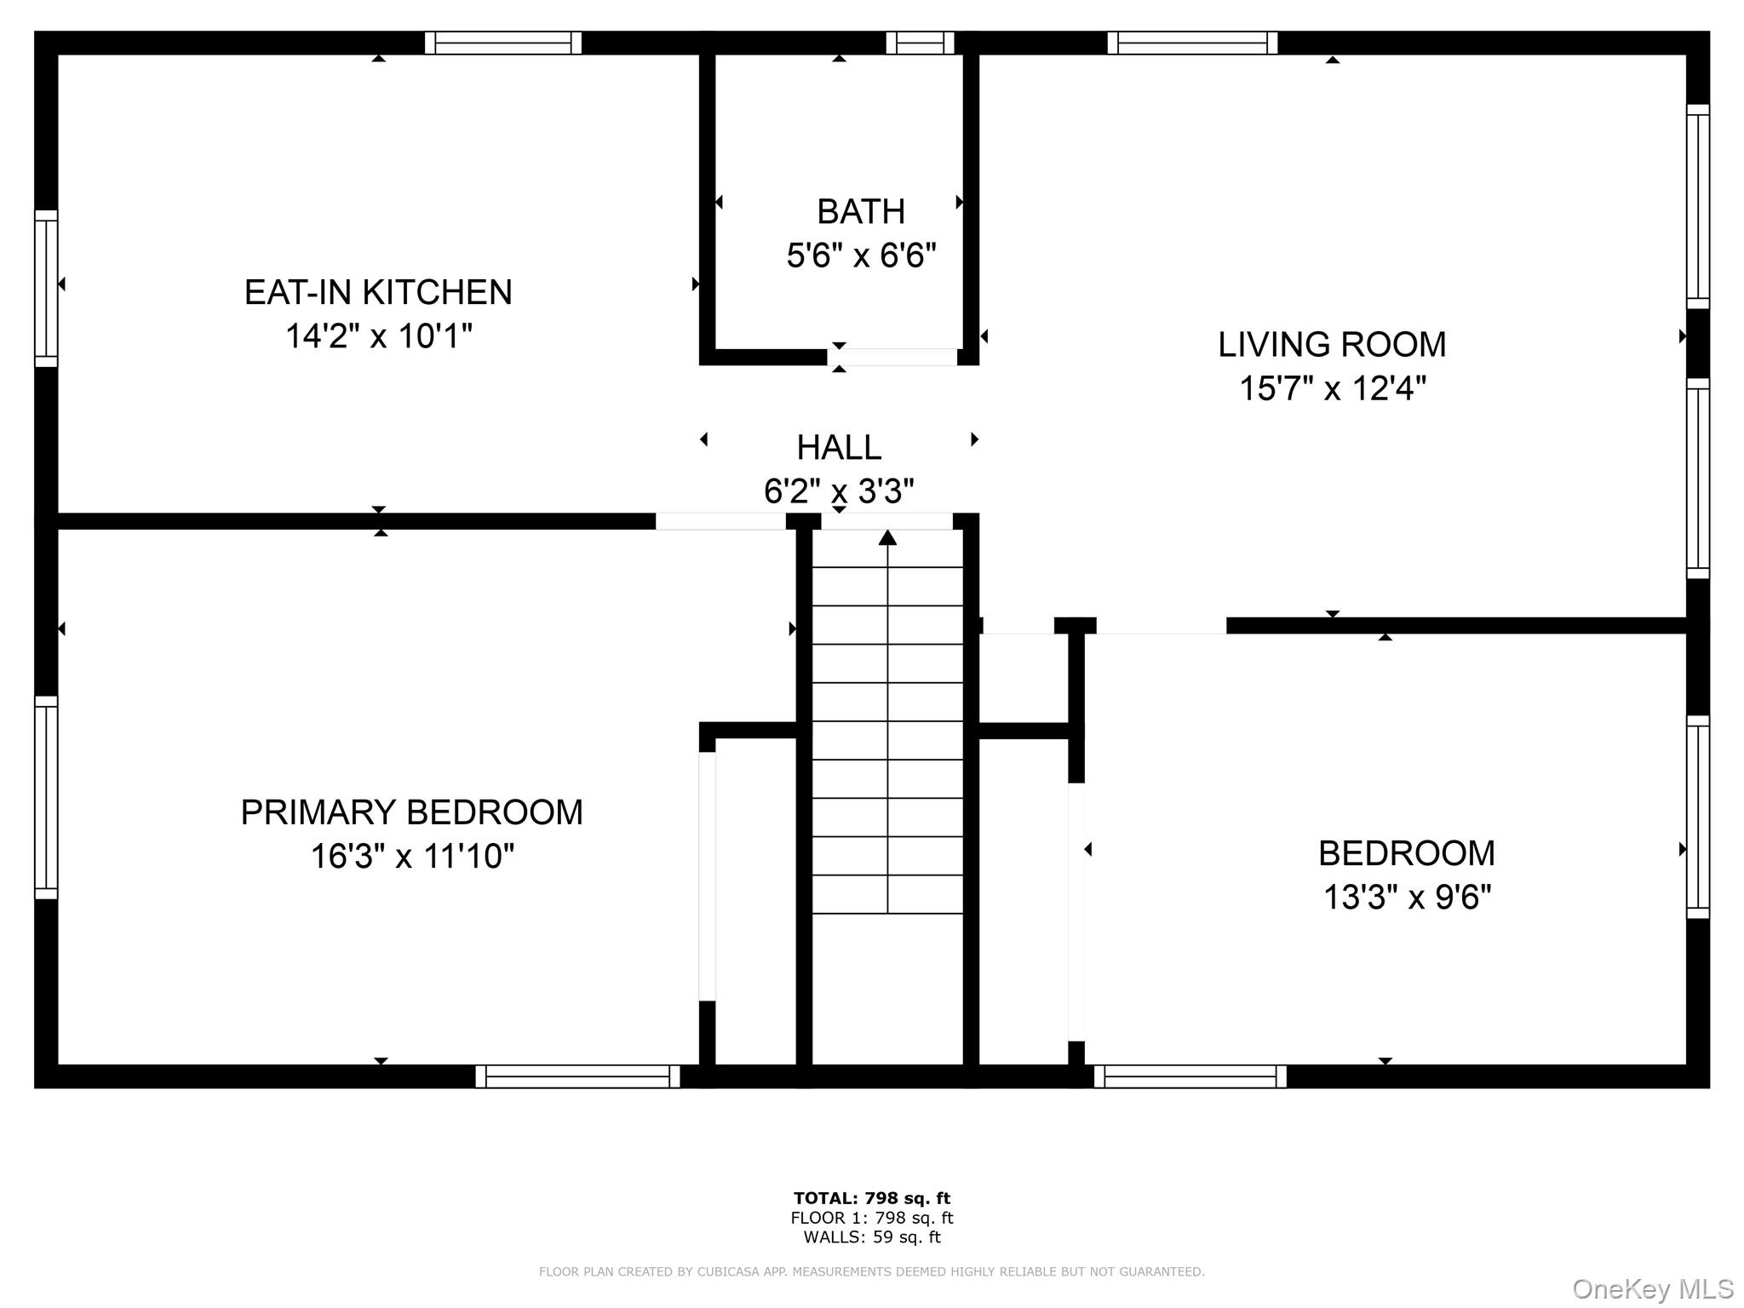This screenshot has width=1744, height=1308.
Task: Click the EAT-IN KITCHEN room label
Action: (x=378, y=292)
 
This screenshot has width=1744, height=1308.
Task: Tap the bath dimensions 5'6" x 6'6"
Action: (x=861, y=255)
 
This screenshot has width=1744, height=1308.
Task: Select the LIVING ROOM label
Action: (x=1332, y=345)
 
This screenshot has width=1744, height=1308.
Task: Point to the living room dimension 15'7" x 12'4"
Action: (x=1332, y=388)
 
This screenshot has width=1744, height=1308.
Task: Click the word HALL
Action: (x=839, y=447)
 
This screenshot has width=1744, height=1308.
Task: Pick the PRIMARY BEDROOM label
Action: (x=411, y=812)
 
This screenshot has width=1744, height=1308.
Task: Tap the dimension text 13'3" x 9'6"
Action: (x=1407, y=897)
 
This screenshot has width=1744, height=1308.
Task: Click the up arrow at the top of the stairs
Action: (x=887, y=537)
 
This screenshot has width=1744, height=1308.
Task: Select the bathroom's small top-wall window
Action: (x=920, y=43)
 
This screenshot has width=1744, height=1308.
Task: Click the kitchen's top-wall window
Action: (x=503, y=43)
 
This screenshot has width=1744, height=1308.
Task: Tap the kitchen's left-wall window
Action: (x=46, y=289)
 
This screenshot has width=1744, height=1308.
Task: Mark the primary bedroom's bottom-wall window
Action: (x=577, y=1076)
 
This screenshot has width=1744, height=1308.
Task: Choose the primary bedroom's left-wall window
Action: (x=46, y=797)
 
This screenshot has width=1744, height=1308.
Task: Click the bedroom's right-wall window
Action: (x=1698, y=817)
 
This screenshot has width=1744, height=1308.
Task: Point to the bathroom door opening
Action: (x=892, y=358)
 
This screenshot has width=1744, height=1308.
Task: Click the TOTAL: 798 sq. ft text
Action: (x=871, y=1198)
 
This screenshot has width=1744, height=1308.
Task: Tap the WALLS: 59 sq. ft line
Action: (x=871, y=1237)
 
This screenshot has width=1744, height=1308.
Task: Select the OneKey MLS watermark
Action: (x=1652, y=1289)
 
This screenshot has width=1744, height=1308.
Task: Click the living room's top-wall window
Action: (x=1192, y=43)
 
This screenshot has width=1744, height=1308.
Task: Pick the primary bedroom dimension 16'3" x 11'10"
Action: (x=411, y=856)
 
